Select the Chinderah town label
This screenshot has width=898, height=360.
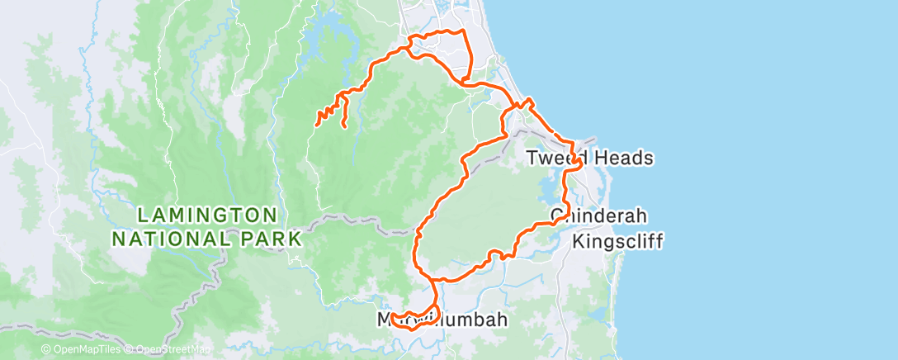tap(598, 216)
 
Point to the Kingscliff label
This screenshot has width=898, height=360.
tap(617, 241)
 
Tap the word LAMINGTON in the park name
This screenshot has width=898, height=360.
tap(207, 215)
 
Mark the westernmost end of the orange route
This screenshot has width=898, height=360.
tap(317, 125)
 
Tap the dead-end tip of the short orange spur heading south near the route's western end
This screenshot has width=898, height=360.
tap(343, 126)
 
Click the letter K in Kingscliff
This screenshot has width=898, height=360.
tap(578, 241)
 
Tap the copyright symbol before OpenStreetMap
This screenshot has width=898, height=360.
tap(129, 350)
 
